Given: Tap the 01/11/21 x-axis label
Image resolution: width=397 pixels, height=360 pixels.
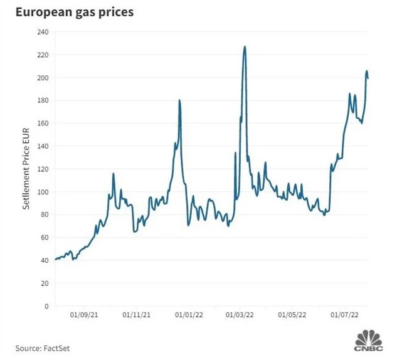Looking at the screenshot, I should coord(135,315).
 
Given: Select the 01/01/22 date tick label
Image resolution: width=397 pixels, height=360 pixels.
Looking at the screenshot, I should coord(188,315).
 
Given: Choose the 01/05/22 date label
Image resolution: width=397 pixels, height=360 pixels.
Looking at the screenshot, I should coord(292,315).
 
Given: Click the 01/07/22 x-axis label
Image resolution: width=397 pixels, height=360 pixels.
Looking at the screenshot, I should coord(345,315).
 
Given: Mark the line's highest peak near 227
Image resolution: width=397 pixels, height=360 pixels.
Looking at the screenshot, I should coord(245,46).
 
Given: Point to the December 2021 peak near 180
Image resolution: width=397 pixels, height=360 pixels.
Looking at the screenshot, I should coord(179,100).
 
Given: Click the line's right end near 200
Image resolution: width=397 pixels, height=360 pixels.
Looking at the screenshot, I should coord(368,78).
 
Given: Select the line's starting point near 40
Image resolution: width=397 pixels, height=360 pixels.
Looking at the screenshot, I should coord(56,259).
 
